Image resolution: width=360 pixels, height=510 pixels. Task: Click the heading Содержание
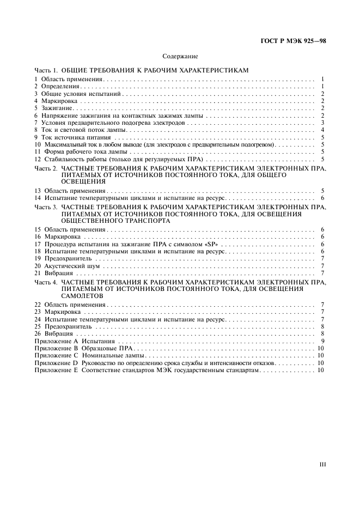(x=180, y=56)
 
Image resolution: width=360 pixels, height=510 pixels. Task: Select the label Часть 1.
(x=46, y=71)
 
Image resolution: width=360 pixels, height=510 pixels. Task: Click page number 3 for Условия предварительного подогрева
(x=323, y=123)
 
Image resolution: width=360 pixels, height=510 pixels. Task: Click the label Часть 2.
(x=46, y=169)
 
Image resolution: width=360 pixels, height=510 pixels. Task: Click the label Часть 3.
(x=46, y=207)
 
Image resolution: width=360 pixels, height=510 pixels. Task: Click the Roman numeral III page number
(x=322, y=464)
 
